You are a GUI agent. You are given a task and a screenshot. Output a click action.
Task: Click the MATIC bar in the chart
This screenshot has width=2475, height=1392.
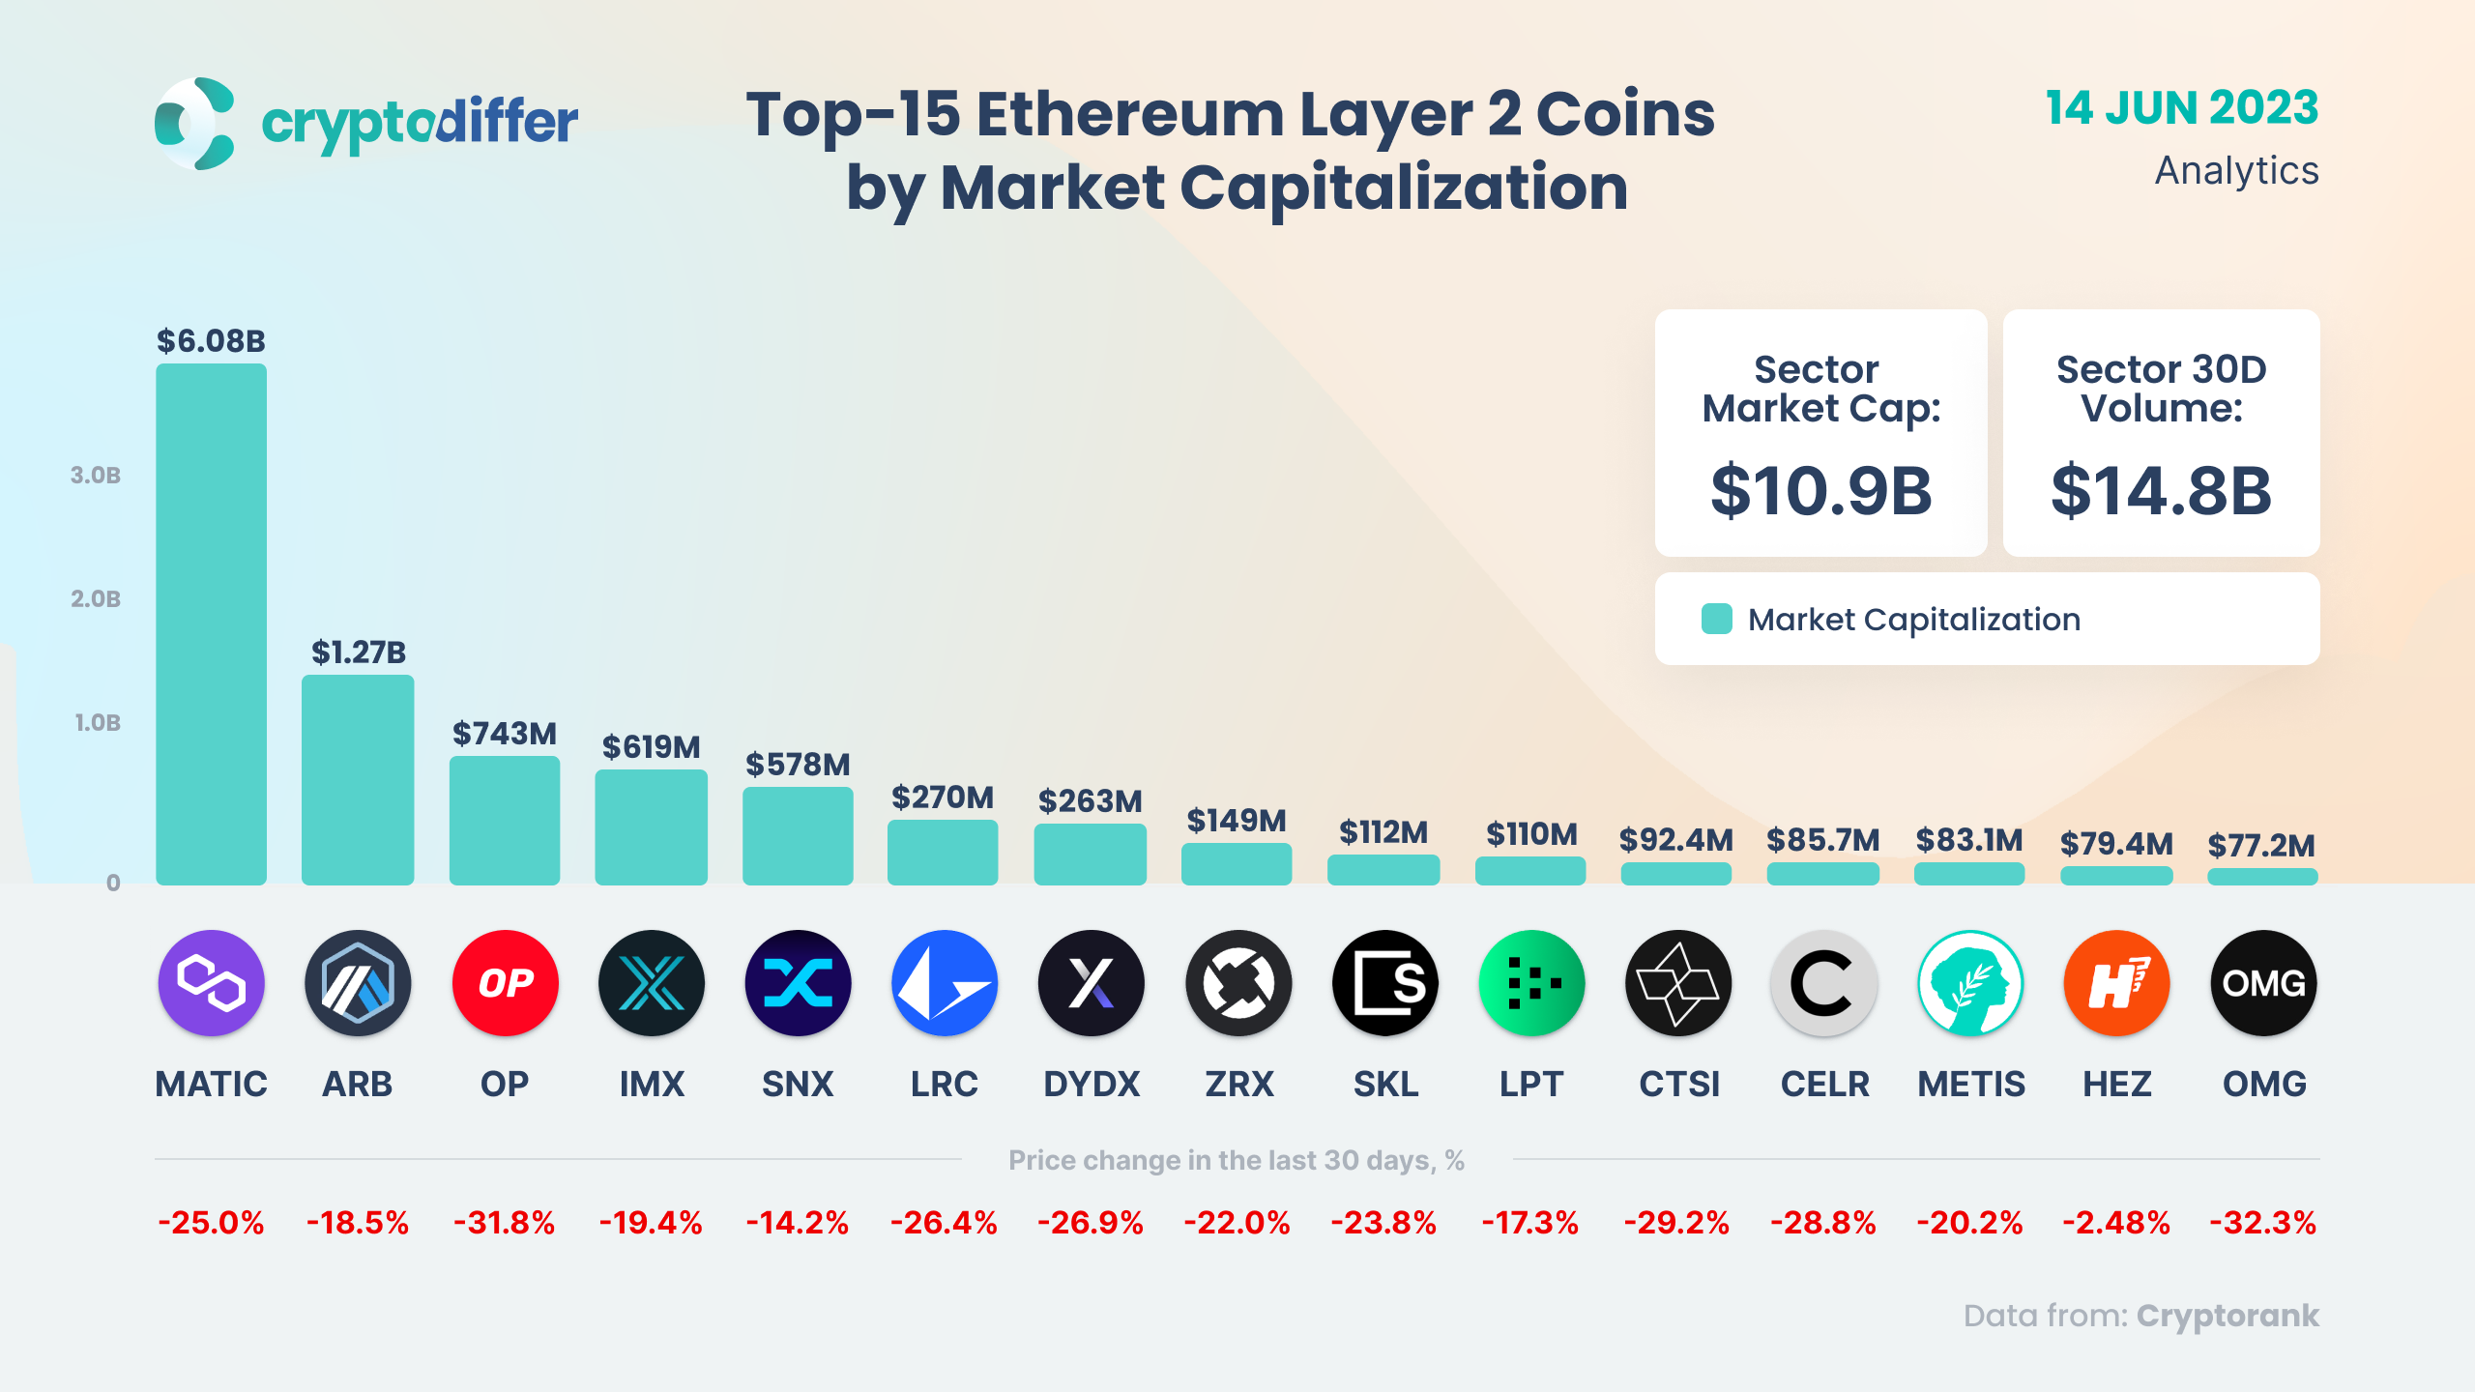pyautogui.click(x=211, y=623)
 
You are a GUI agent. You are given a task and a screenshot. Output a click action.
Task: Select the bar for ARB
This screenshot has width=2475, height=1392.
pyautogui.click(x=358, y=779)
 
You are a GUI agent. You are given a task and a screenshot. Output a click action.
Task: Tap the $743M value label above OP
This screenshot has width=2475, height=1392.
pyautogui.click(x=505, y=734)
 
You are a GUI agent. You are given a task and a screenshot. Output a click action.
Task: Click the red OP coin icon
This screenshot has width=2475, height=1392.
pyautogui.click(x=505, y=983)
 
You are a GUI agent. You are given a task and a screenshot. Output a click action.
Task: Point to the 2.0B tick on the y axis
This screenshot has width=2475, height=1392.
pyautogui.click(x=96, y=598)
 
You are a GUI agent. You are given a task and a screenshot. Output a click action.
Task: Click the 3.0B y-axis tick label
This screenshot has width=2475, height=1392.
pyautogui.click(x=96, y=475)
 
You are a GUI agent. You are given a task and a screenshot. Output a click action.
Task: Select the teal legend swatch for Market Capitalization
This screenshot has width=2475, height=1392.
pyautogui.click(x=1716, y=619)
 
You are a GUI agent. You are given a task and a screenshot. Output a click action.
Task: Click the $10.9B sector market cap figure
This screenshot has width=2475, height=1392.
pyautogui.click(x=1820, y=491)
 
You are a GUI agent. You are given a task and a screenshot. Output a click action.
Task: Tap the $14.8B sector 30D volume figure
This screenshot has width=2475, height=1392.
pyautogui.click(x=2161, y=491)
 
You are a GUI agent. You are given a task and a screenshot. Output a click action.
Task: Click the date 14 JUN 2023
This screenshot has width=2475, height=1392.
pyautogui.click(x=2181, y=107)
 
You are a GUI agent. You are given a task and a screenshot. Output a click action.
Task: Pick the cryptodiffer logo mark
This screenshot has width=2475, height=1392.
pyautogui.click(x=195, y=124)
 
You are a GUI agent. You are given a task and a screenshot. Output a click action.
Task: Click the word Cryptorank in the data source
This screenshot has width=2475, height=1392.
pyautogui.click(x=2227, y=1316)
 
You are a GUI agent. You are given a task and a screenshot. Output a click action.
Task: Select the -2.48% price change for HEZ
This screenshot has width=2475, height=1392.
pyautogui.click(x=2116, y=1223)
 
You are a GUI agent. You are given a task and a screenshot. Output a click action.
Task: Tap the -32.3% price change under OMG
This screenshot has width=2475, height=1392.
pyautogui.click(x=2262, y=1223)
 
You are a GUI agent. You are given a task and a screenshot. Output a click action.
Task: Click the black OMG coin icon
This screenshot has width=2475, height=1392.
pyautogui.click(x=2262, y=983)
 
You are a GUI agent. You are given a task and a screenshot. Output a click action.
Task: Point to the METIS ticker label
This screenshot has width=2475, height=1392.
pyautogui.click(x=1970, y=1084)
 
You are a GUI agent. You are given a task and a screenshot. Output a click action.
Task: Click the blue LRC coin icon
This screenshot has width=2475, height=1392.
pyautogui.click(x=944, y=983)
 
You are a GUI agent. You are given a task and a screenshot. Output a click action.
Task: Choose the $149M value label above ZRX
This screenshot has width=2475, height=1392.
pyautogui.click(x=1237, y=821)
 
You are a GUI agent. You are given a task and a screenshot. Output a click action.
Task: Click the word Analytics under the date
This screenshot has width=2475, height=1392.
pyautogui.click(x=2236, y=170)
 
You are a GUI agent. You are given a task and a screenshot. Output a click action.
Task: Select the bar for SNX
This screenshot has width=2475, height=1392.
pyautogui.click(x=798, y=835)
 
